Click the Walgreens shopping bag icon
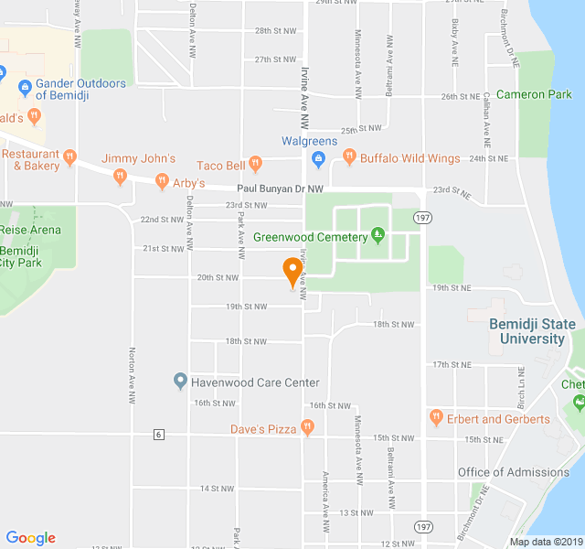coord(318,160)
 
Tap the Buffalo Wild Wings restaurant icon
coord(348,158)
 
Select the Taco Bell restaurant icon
coord(256,165)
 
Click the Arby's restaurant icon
coord(162,181)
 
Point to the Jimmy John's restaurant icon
coord(120,176)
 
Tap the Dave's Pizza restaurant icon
coord(308,427)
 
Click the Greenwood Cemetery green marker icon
coord(378,236)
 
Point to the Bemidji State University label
coord(533,331)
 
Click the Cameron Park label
coord(534,94)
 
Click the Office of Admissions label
coord(513,472)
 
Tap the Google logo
coord(30,538)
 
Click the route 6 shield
coord(158,434)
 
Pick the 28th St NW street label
coord(276,31)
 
